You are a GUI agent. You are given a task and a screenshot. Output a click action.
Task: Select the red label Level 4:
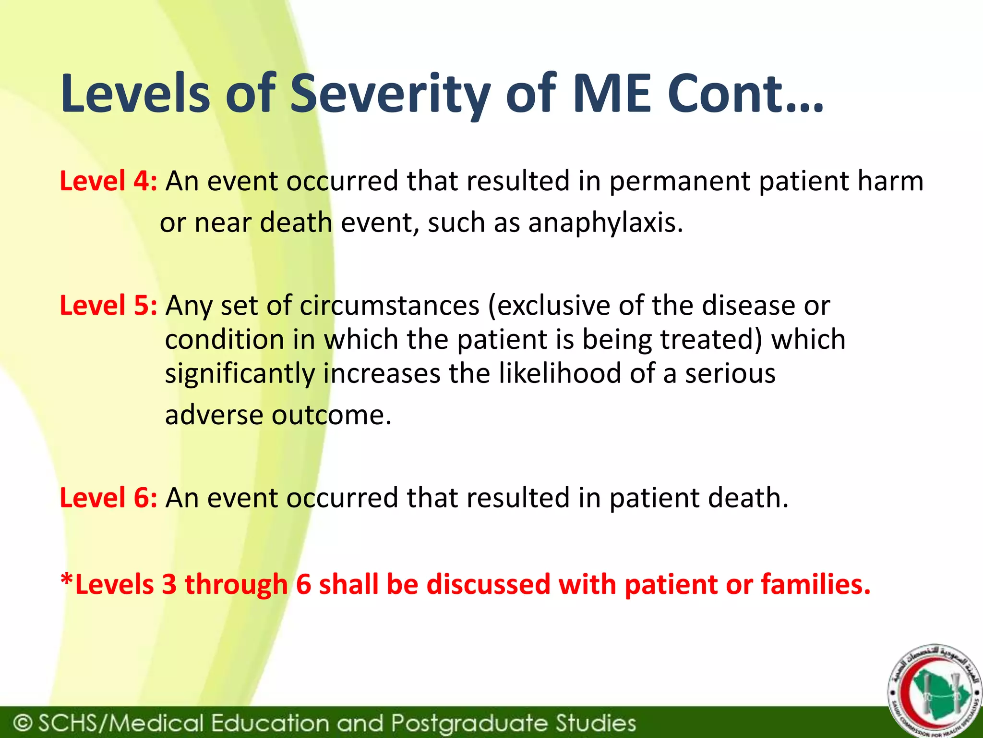108,181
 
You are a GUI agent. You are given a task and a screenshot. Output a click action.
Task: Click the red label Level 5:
108,306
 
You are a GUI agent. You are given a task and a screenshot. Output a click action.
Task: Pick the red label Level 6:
108,497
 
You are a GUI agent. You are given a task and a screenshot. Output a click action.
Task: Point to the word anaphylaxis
605,223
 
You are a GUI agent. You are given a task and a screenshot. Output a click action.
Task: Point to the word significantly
240,374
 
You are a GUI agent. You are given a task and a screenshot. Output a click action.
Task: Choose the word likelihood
560,373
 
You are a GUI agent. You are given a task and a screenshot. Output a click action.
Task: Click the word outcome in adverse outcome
331,415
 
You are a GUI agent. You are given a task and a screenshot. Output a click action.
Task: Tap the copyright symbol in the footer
23,723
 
